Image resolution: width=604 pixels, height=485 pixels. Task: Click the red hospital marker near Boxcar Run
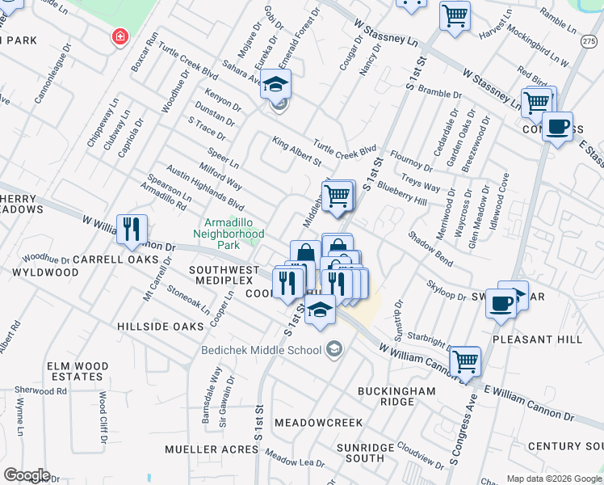[x=120, y=37]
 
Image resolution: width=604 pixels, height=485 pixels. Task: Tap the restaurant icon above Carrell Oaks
[x=131, y=228]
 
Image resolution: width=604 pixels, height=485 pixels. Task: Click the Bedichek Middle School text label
[x=260, y=350]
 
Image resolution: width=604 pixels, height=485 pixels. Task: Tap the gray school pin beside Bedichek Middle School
[x=333, y=350]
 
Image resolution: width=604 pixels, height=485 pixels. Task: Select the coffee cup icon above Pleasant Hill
[x=501, y=303]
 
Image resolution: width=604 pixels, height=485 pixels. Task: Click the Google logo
[x=27, y=475]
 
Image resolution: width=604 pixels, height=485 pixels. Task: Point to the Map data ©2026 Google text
[x=552, y=478]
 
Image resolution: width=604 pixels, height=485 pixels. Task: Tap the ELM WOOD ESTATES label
[x=78, y=371]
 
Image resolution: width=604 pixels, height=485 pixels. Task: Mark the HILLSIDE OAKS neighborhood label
[x=160, y=326]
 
